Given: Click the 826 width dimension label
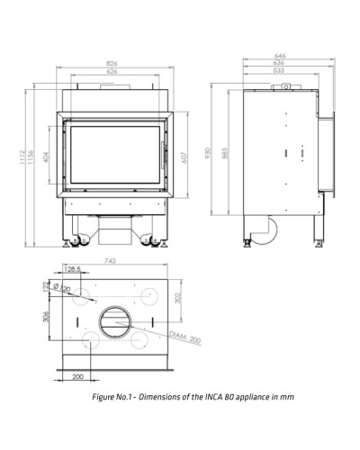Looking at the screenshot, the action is (112, 64).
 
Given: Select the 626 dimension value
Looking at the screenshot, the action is (112, 71).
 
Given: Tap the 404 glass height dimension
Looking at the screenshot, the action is (46, 157).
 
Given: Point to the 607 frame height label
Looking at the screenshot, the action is (184, 157).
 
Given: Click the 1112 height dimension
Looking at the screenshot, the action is (22, 157).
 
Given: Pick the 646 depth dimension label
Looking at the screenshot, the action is (280, 56).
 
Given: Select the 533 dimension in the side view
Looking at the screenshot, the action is (279, 70).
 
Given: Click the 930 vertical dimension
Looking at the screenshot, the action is (208, 153).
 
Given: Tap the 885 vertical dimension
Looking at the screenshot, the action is (226, 153).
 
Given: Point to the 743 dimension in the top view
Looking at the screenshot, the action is (110, 261).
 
